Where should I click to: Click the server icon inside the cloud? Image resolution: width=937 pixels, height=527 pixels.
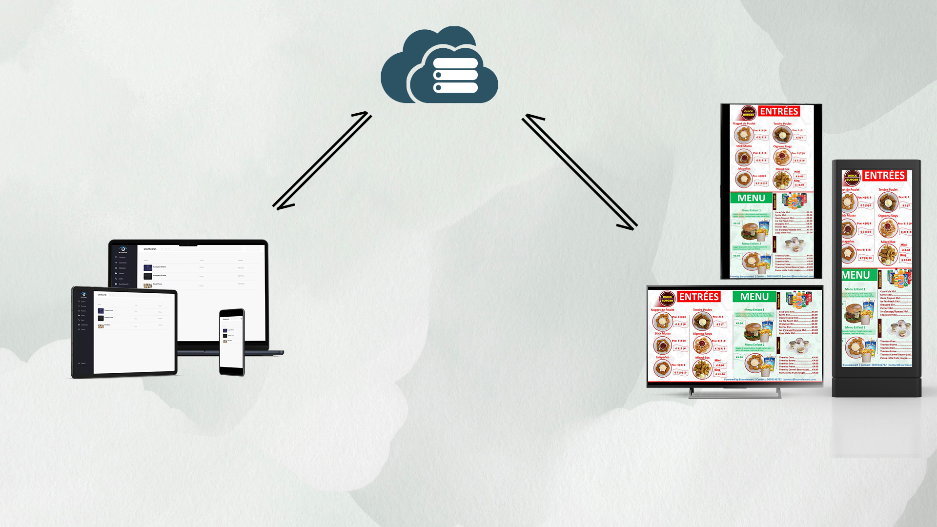pos(455,76)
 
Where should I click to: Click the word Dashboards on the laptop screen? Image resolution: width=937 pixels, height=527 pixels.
pos(150,249)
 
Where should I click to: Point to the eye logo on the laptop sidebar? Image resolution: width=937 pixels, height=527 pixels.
pos(123,249)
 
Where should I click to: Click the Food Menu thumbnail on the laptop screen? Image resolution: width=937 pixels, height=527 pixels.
pos(148,285)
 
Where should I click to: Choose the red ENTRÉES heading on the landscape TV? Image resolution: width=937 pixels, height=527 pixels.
pos(699,297)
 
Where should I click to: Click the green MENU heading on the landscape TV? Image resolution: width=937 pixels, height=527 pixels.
pos(754,297)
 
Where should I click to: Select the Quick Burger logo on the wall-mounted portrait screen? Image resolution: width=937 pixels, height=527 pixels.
pos(749,113)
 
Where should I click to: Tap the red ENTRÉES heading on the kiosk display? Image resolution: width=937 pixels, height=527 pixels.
pos(884,176)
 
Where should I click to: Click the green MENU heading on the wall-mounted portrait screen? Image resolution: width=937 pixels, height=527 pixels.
pos(751,198)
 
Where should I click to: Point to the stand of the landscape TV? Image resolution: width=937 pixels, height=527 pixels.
pos(734,393)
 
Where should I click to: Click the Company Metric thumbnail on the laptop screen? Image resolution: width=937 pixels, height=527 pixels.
pos(148,267)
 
